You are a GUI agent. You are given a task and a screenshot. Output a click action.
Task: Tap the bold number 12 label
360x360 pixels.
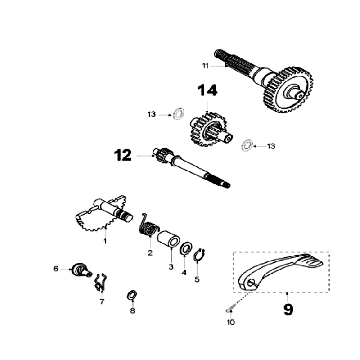122,155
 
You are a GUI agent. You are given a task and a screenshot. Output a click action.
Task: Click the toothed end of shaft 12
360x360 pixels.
161,157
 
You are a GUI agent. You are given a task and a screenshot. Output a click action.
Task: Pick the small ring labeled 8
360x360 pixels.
131,295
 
